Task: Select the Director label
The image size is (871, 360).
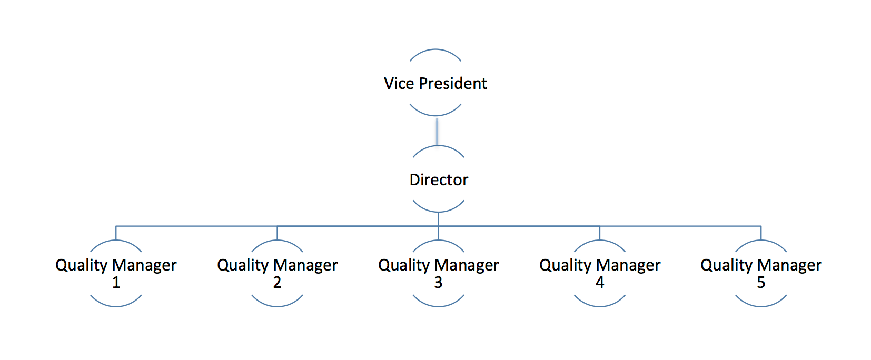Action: point(439,179)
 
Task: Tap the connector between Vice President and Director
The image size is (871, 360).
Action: point(437,131)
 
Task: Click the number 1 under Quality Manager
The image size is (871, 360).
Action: point(116,283)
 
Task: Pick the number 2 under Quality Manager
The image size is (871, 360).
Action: point(277,283)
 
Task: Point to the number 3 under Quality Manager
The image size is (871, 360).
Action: point(438,283)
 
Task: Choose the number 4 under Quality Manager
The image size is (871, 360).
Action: point(600,283)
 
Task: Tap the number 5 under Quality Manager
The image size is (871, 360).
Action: point(761,283)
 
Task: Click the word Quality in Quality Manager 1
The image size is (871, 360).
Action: point(82,265)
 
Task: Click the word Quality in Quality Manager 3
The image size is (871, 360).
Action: point(404,265)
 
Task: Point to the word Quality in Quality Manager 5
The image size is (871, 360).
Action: point(726,265)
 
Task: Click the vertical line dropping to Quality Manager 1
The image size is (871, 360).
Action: point(116,233)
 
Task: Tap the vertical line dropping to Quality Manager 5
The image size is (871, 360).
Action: point(761,233)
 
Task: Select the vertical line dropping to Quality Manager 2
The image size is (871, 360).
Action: point(277,233)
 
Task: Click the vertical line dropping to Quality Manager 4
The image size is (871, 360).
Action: point(600,233)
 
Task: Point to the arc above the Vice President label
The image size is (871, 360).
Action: point(435,50)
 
